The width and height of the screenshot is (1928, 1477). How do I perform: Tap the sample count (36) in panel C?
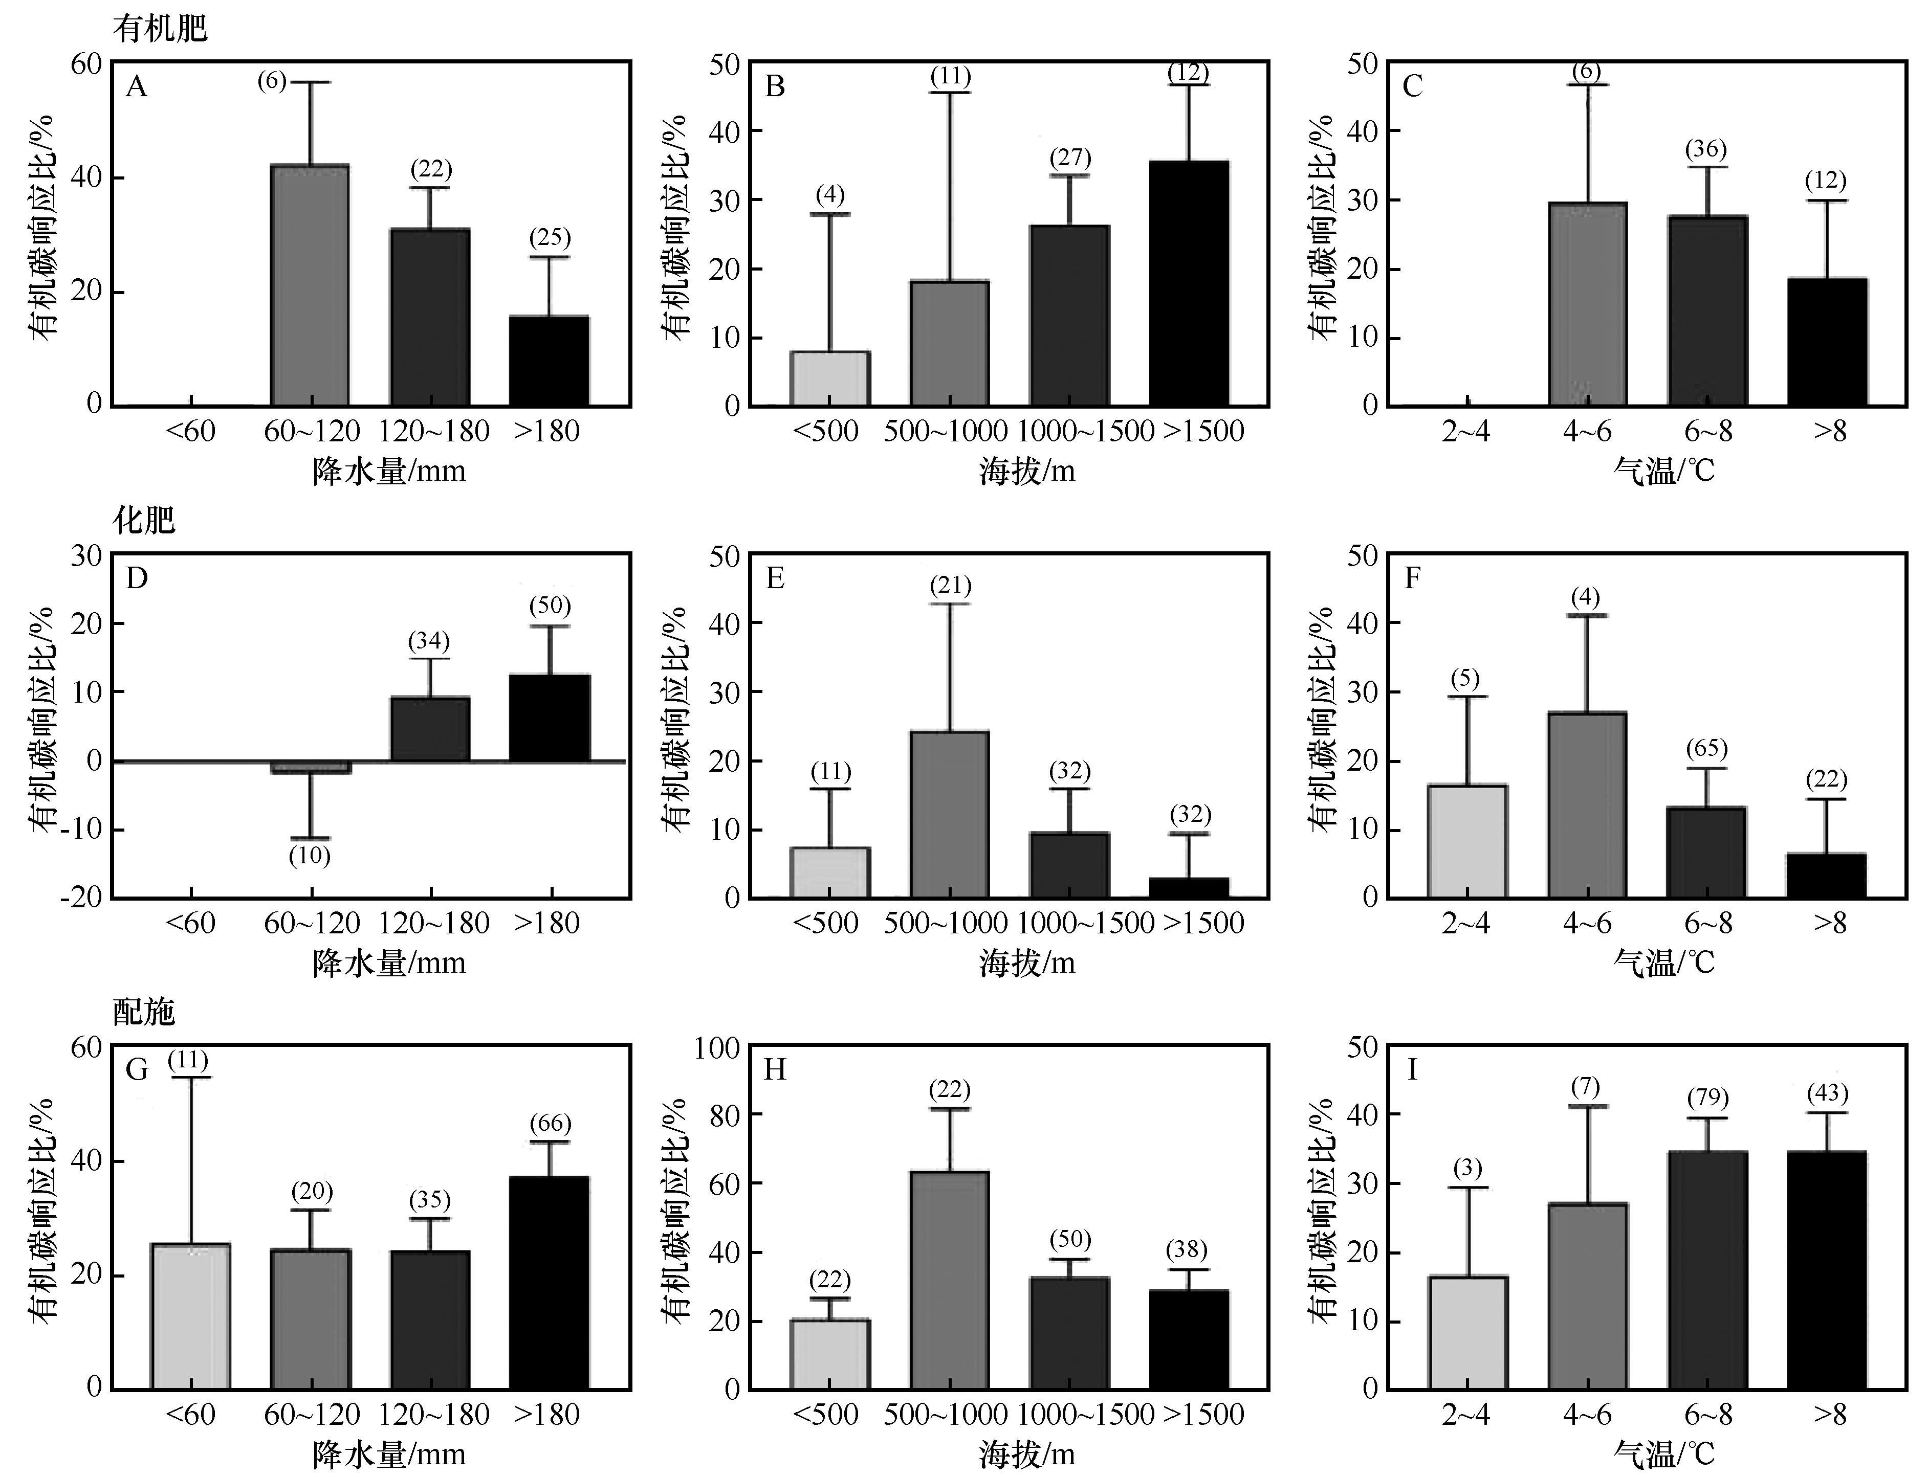click(1705, 149)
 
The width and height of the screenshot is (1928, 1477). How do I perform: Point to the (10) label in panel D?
click(310, 856)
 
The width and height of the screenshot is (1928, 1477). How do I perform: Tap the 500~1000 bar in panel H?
click(949, 1280)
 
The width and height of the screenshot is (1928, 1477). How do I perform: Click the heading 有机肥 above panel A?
click(160, 30)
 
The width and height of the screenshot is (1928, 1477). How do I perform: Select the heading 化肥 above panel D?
click(144, 521)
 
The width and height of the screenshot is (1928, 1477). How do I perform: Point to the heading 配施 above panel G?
click(144, 1012)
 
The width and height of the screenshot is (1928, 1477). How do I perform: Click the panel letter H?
click(775, 1070)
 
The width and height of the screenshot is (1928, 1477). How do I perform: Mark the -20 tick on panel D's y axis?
click(81, 898)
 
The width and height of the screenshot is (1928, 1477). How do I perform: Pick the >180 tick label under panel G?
click(547, 1415)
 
